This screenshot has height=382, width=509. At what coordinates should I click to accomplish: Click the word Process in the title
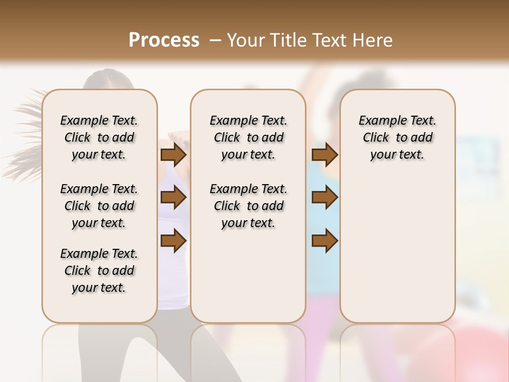(x=164, y=40)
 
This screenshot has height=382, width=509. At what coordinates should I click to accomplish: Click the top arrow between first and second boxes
(x=173, y=154)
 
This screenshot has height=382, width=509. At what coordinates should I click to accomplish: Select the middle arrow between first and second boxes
(x=173, y=198)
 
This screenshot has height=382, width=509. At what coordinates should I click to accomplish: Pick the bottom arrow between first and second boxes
(x=173, y=241)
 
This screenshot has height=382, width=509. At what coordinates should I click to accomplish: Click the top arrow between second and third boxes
(x=324, y=154)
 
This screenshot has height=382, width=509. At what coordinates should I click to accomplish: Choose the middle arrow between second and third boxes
(x=324, y=198)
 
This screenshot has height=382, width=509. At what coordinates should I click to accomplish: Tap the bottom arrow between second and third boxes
(x=324, y=241)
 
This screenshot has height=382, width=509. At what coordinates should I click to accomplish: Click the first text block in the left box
(x=99, y=137)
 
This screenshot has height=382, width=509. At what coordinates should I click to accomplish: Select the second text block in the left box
(x=99, y=206)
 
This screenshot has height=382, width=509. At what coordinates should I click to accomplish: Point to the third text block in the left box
(x=99, y=271)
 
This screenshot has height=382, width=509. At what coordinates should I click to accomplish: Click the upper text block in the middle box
(x=248, y=137)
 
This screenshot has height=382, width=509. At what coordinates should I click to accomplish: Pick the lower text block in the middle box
(x=248, y=206)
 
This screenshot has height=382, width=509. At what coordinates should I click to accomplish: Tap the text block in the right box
(x=397, y=137)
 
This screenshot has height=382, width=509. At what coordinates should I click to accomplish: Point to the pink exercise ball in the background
(x=477, y=345)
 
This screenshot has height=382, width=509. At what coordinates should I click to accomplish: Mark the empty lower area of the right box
(x=397, y=249)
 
